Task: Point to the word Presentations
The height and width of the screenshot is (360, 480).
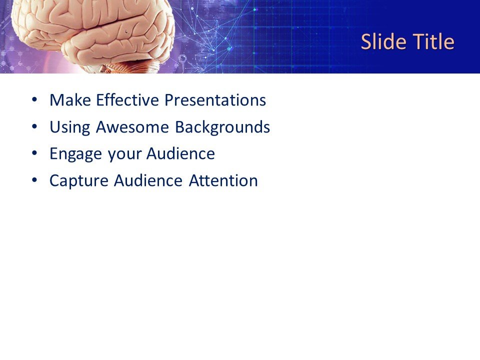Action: tap(215, 100)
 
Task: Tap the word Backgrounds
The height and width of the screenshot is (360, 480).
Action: tap(222, 127)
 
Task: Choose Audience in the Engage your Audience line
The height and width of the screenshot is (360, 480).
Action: tap(180, 154)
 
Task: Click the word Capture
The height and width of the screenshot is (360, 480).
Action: tap(79, 181)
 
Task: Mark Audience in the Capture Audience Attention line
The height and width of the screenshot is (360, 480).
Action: tap(148, 181)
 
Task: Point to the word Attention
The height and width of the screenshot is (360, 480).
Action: tap(223, 181)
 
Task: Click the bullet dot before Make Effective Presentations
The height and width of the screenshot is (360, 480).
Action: tap(34, 100)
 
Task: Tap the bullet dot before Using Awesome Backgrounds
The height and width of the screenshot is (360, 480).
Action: tap(34, 127)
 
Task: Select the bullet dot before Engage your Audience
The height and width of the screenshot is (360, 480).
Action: tap(34, 153)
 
